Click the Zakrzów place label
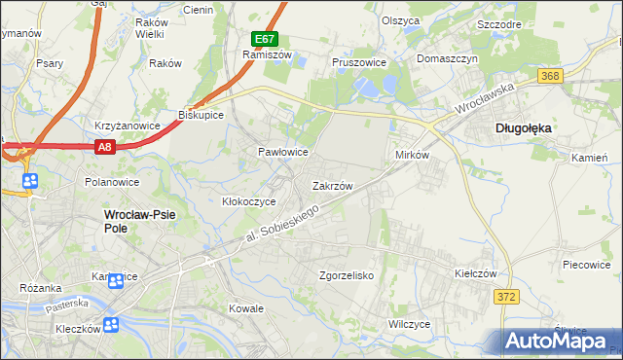tap(331, 185)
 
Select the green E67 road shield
tap(265, 39)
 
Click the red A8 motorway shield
tap(106, 146)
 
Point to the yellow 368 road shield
tap(551, 76)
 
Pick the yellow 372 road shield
tap(504, 296)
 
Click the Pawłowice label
tap(282, 153)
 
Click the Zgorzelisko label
tap(348, 275)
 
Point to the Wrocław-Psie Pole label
tap(129, 221)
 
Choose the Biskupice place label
tap(202, 115)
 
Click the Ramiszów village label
tap(262, 55)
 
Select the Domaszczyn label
tap(448, 58)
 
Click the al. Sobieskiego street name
tap(281, 224)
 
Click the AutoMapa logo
tap(562, 341)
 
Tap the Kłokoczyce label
tap(249, 201)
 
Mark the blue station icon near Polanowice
tap(30, 181)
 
